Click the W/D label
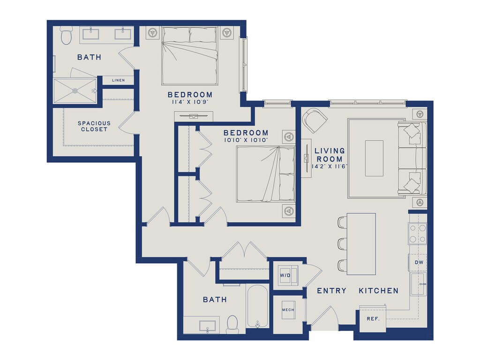click(x=285, y=275)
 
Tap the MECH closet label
click(x=288, y=310)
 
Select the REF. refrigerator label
click(x=373, y=319)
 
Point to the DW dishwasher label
click(x=419, y=262)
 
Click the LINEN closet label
click(x=119, y=80)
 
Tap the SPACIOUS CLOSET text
click(x=94, y=126)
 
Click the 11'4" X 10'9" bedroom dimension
click(x=190, y=102)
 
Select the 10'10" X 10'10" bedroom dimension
click(x=246, y=140)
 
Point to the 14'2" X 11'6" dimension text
click(x=330, y=167)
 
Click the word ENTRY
click(x=331, y=291)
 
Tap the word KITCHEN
click(x=379, y=291)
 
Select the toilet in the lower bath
click(x=232, y=324)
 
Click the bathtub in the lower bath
click(x=257, y=306)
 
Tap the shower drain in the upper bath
click(x=75, y=90)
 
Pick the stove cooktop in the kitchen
click(x=418, y=233)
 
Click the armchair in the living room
click(x=315, y=120)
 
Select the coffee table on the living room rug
click(x=375, y=158)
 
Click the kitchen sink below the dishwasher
click(x=419, y=284)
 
